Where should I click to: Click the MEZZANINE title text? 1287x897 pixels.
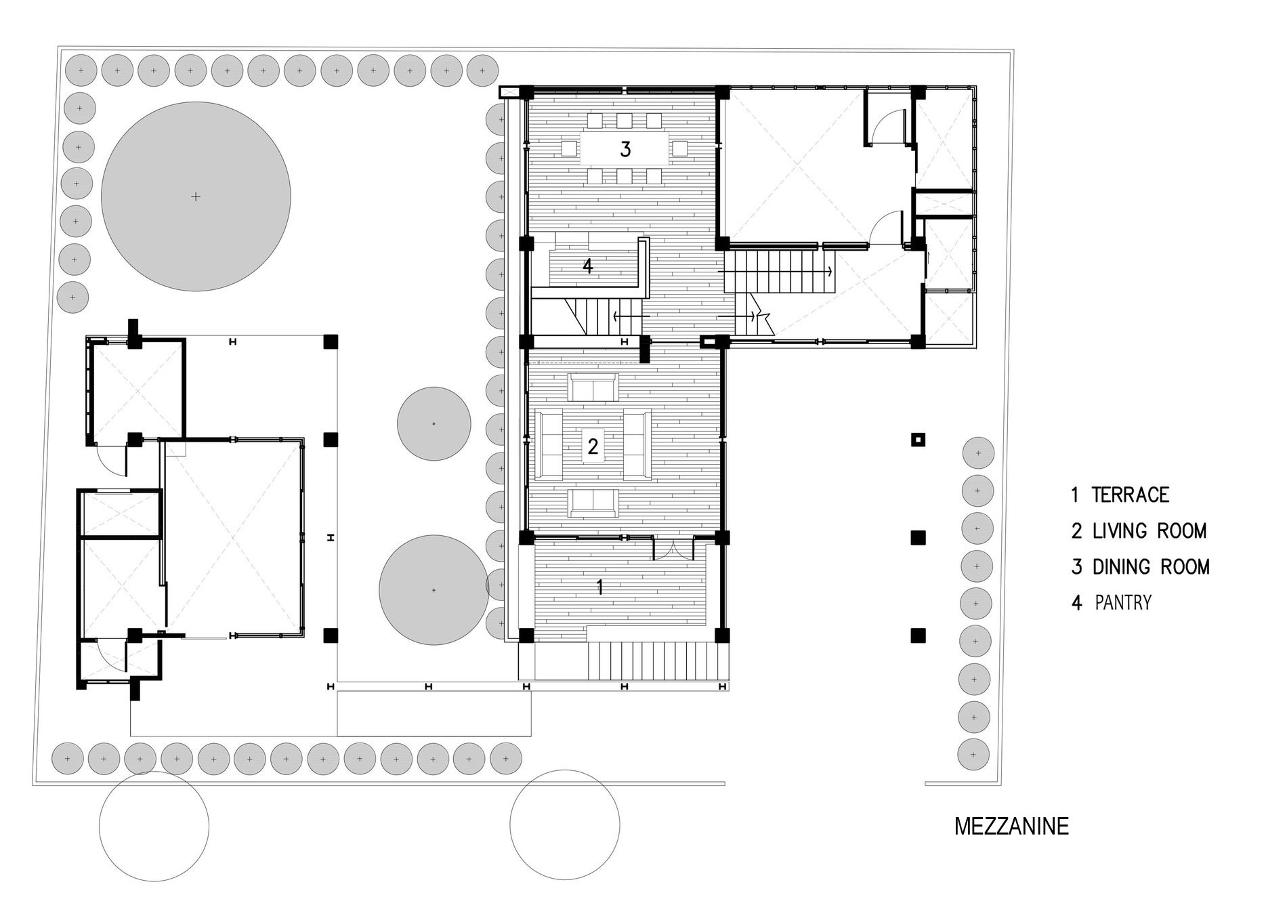point(1011,827)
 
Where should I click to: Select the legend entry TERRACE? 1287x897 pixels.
point(1131,495)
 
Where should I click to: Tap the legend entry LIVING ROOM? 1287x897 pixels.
point(1149,530)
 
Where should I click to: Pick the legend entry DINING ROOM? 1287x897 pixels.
point(1151,566)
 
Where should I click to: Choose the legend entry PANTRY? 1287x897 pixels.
point(1123,602)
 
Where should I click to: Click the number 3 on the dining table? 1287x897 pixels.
point(625,149)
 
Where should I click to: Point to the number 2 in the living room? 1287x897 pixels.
point(593,446)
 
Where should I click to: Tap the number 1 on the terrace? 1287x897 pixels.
point(599,587)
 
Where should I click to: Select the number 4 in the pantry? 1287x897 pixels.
point(588,266)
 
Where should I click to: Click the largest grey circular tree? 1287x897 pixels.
point(196,196)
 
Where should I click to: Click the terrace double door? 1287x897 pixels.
point(673,549)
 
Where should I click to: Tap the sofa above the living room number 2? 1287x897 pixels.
point(593,388)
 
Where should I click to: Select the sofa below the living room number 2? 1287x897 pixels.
point(593,503)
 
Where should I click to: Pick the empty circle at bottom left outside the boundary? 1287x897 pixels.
point(154,826)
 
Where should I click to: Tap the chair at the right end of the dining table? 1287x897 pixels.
point(680,148)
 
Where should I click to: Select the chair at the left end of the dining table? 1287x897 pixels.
point(569,148)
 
